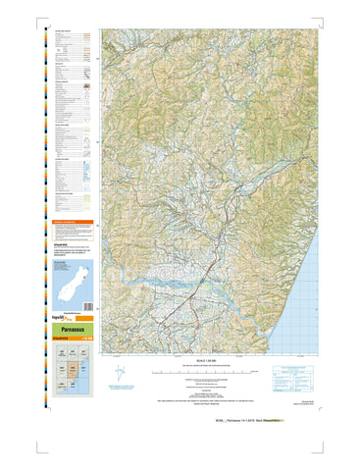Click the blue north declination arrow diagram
click(x=120, y=373)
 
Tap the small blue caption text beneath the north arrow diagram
click(x=120, y=390)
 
